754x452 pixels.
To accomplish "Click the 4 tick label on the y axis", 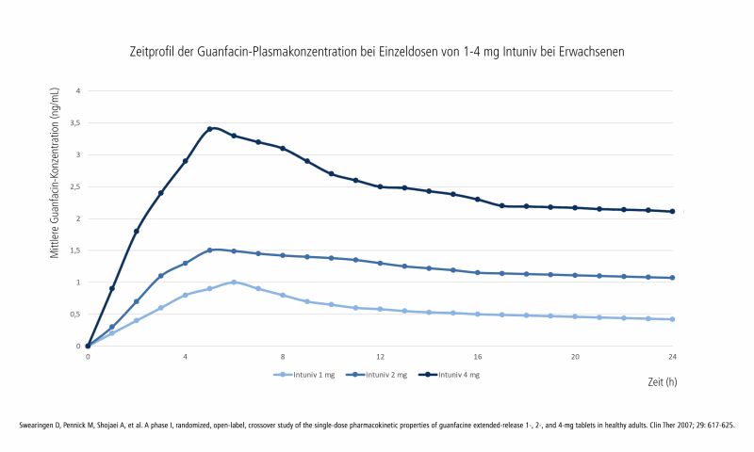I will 78,91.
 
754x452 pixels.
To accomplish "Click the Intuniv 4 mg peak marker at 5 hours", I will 209,129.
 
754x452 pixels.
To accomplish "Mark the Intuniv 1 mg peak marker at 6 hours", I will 234,282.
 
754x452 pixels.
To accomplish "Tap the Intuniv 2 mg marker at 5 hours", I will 209,250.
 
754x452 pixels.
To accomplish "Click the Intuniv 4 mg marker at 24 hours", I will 672,212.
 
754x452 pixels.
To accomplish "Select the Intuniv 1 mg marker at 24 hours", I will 672,319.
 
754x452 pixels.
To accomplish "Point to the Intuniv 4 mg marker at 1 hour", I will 112,288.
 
